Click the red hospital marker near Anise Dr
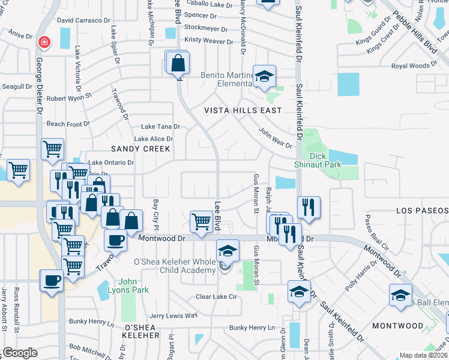[43, 43]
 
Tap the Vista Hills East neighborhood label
[243, 110]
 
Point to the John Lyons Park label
[133, 286]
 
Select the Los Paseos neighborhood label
[422, 211]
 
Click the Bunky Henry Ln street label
[256, 328]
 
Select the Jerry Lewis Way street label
[173, 316]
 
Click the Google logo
[19, 353]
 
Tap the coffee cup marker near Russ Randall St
[51, 280]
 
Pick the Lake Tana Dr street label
[160, 127]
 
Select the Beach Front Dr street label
[68, 124]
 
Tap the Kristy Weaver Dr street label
[209, 41]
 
